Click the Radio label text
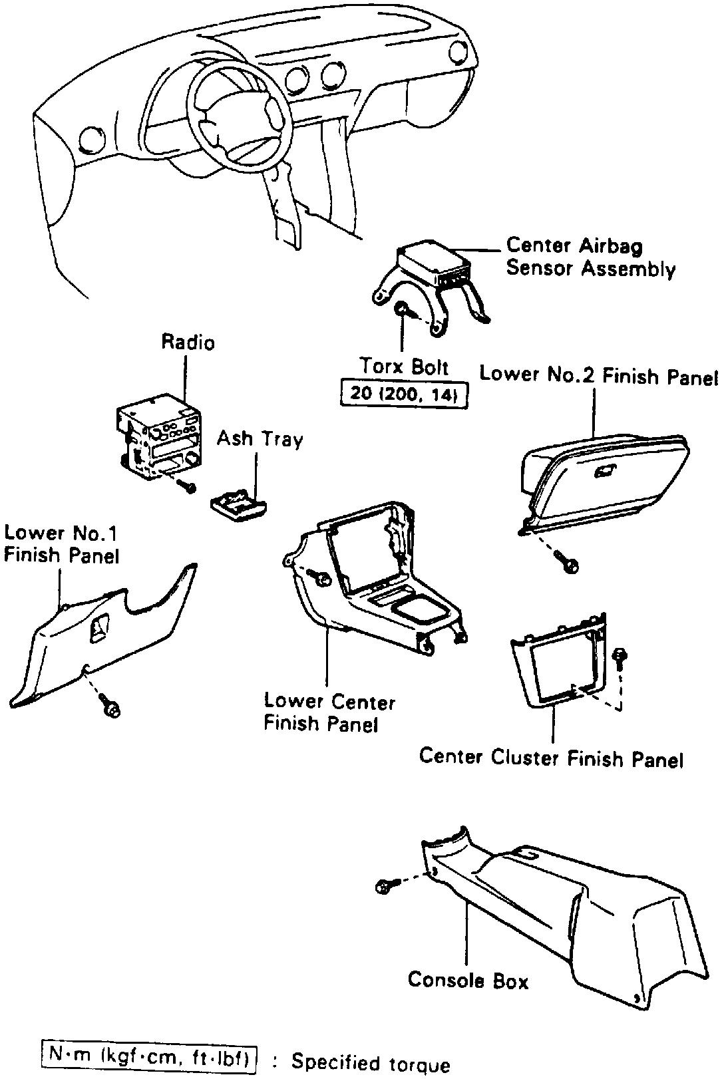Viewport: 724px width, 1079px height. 188,343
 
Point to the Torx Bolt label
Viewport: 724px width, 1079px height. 404,367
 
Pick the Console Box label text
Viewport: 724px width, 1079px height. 468,981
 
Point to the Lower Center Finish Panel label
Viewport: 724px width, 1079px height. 329,712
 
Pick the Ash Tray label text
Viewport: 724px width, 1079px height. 260,440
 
